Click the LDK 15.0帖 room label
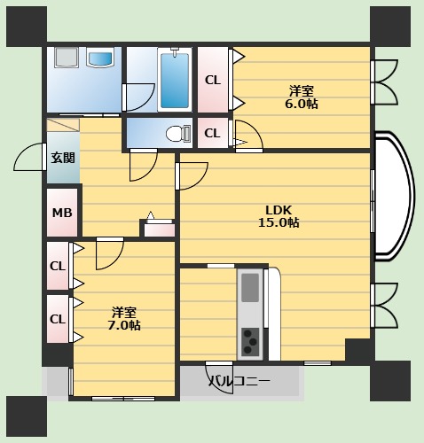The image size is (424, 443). point(279,216)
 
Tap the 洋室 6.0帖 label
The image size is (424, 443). point(302,97)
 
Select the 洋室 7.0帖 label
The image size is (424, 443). point(124,318)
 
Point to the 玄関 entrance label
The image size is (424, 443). point(63,158)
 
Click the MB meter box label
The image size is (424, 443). point(62,213)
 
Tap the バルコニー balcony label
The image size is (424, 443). point(239,381)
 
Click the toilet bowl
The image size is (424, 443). point(178,134)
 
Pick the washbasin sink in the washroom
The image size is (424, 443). point(100,59)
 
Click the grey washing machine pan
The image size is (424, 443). point(66,58)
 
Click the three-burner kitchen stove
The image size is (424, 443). point(250,342)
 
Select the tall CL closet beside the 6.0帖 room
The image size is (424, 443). point(213,80)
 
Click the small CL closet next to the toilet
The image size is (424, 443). point(212,133)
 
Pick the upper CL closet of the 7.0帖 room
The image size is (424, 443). point(58,266)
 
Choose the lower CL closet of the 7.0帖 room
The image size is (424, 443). point(58,319)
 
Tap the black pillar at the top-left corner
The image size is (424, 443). point(27,27)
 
